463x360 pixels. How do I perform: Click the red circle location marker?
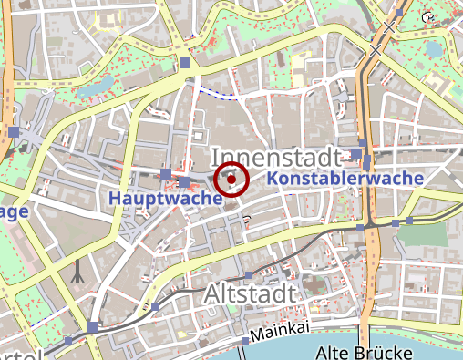[231, 180]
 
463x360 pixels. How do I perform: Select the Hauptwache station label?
[166, 198]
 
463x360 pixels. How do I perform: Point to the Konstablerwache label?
[346, 179]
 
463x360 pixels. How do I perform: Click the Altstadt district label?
[251, 294]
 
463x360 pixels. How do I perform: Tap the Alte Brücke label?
[364, 352]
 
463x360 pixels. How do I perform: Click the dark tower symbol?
[79, 270]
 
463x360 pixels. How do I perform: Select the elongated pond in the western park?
[99, 87]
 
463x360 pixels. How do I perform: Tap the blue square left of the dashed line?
[186, 63]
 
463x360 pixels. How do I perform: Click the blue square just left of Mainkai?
[244, 341]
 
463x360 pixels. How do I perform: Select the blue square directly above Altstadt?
[248, 275]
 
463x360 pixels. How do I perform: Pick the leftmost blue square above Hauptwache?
[165, 173]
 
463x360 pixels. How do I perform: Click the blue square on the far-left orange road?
[13, 133]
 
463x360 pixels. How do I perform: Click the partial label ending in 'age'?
[15, 211]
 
